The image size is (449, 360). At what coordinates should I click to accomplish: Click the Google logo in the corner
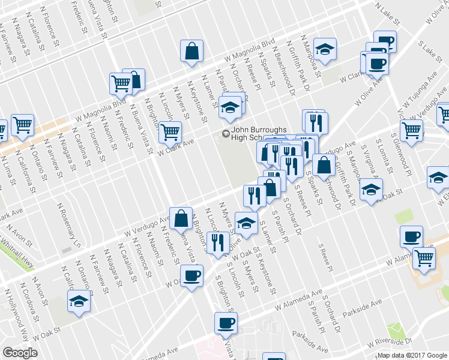click(20, 353)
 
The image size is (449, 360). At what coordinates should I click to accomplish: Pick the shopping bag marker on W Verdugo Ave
click(181, 220)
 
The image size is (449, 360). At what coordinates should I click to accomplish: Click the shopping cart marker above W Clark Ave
click(170, 131)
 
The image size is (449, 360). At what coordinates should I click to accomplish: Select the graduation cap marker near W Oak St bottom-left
click(78, 302)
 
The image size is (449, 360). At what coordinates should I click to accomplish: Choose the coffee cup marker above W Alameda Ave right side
click(411, 236)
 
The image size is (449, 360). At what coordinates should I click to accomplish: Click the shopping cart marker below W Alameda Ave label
click(425, 258)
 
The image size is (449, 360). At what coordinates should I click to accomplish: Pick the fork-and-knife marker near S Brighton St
click(217, 242)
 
